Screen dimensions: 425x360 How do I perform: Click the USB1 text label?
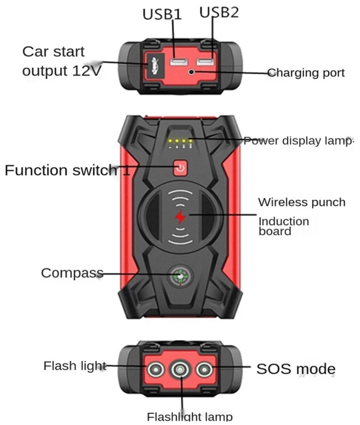tap(162, 15)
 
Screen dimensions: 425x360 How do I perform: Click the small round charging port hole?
tap(191, 72)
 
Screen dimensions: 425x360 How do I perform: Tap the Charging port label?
tap(306, 73)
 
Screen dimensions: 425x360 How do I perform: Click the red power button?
tap(180, 168)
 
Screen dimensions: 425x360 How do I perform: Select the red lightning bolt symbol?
tap(180, 217)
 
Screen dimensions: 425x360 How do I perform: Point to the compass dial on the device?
tap(180, 277)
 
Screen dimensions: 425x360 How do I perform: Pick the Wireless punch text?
tap(302, 202)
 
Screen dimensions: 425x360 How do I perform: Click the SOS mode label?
tap(296, 369)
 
